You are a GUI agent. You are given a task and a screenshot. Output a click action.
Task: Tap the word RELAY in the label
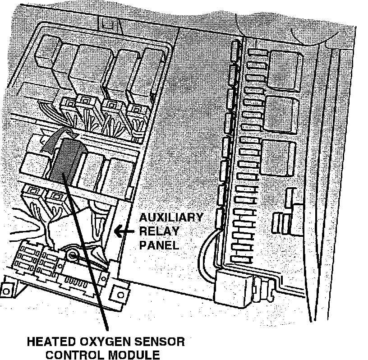click(159, 231)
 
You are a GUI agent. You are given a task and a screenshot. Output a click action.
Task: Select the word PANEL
click(159, 245)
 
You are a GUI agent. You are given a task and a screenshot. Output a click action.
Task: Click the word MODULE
click(136, 355)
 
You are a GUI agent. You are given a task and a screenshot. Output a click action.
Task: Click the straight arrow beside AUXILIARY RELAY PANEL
click(124, 232)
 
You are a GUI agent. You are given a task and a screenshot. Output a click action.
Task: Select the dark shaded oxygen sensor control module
click(65, 160)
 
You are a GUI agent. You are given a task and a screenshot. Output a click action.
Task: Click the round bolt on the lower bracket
click(72, 256)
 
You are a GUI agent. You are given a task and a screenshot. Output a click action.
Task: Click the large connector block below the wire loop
click(235, 286)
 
